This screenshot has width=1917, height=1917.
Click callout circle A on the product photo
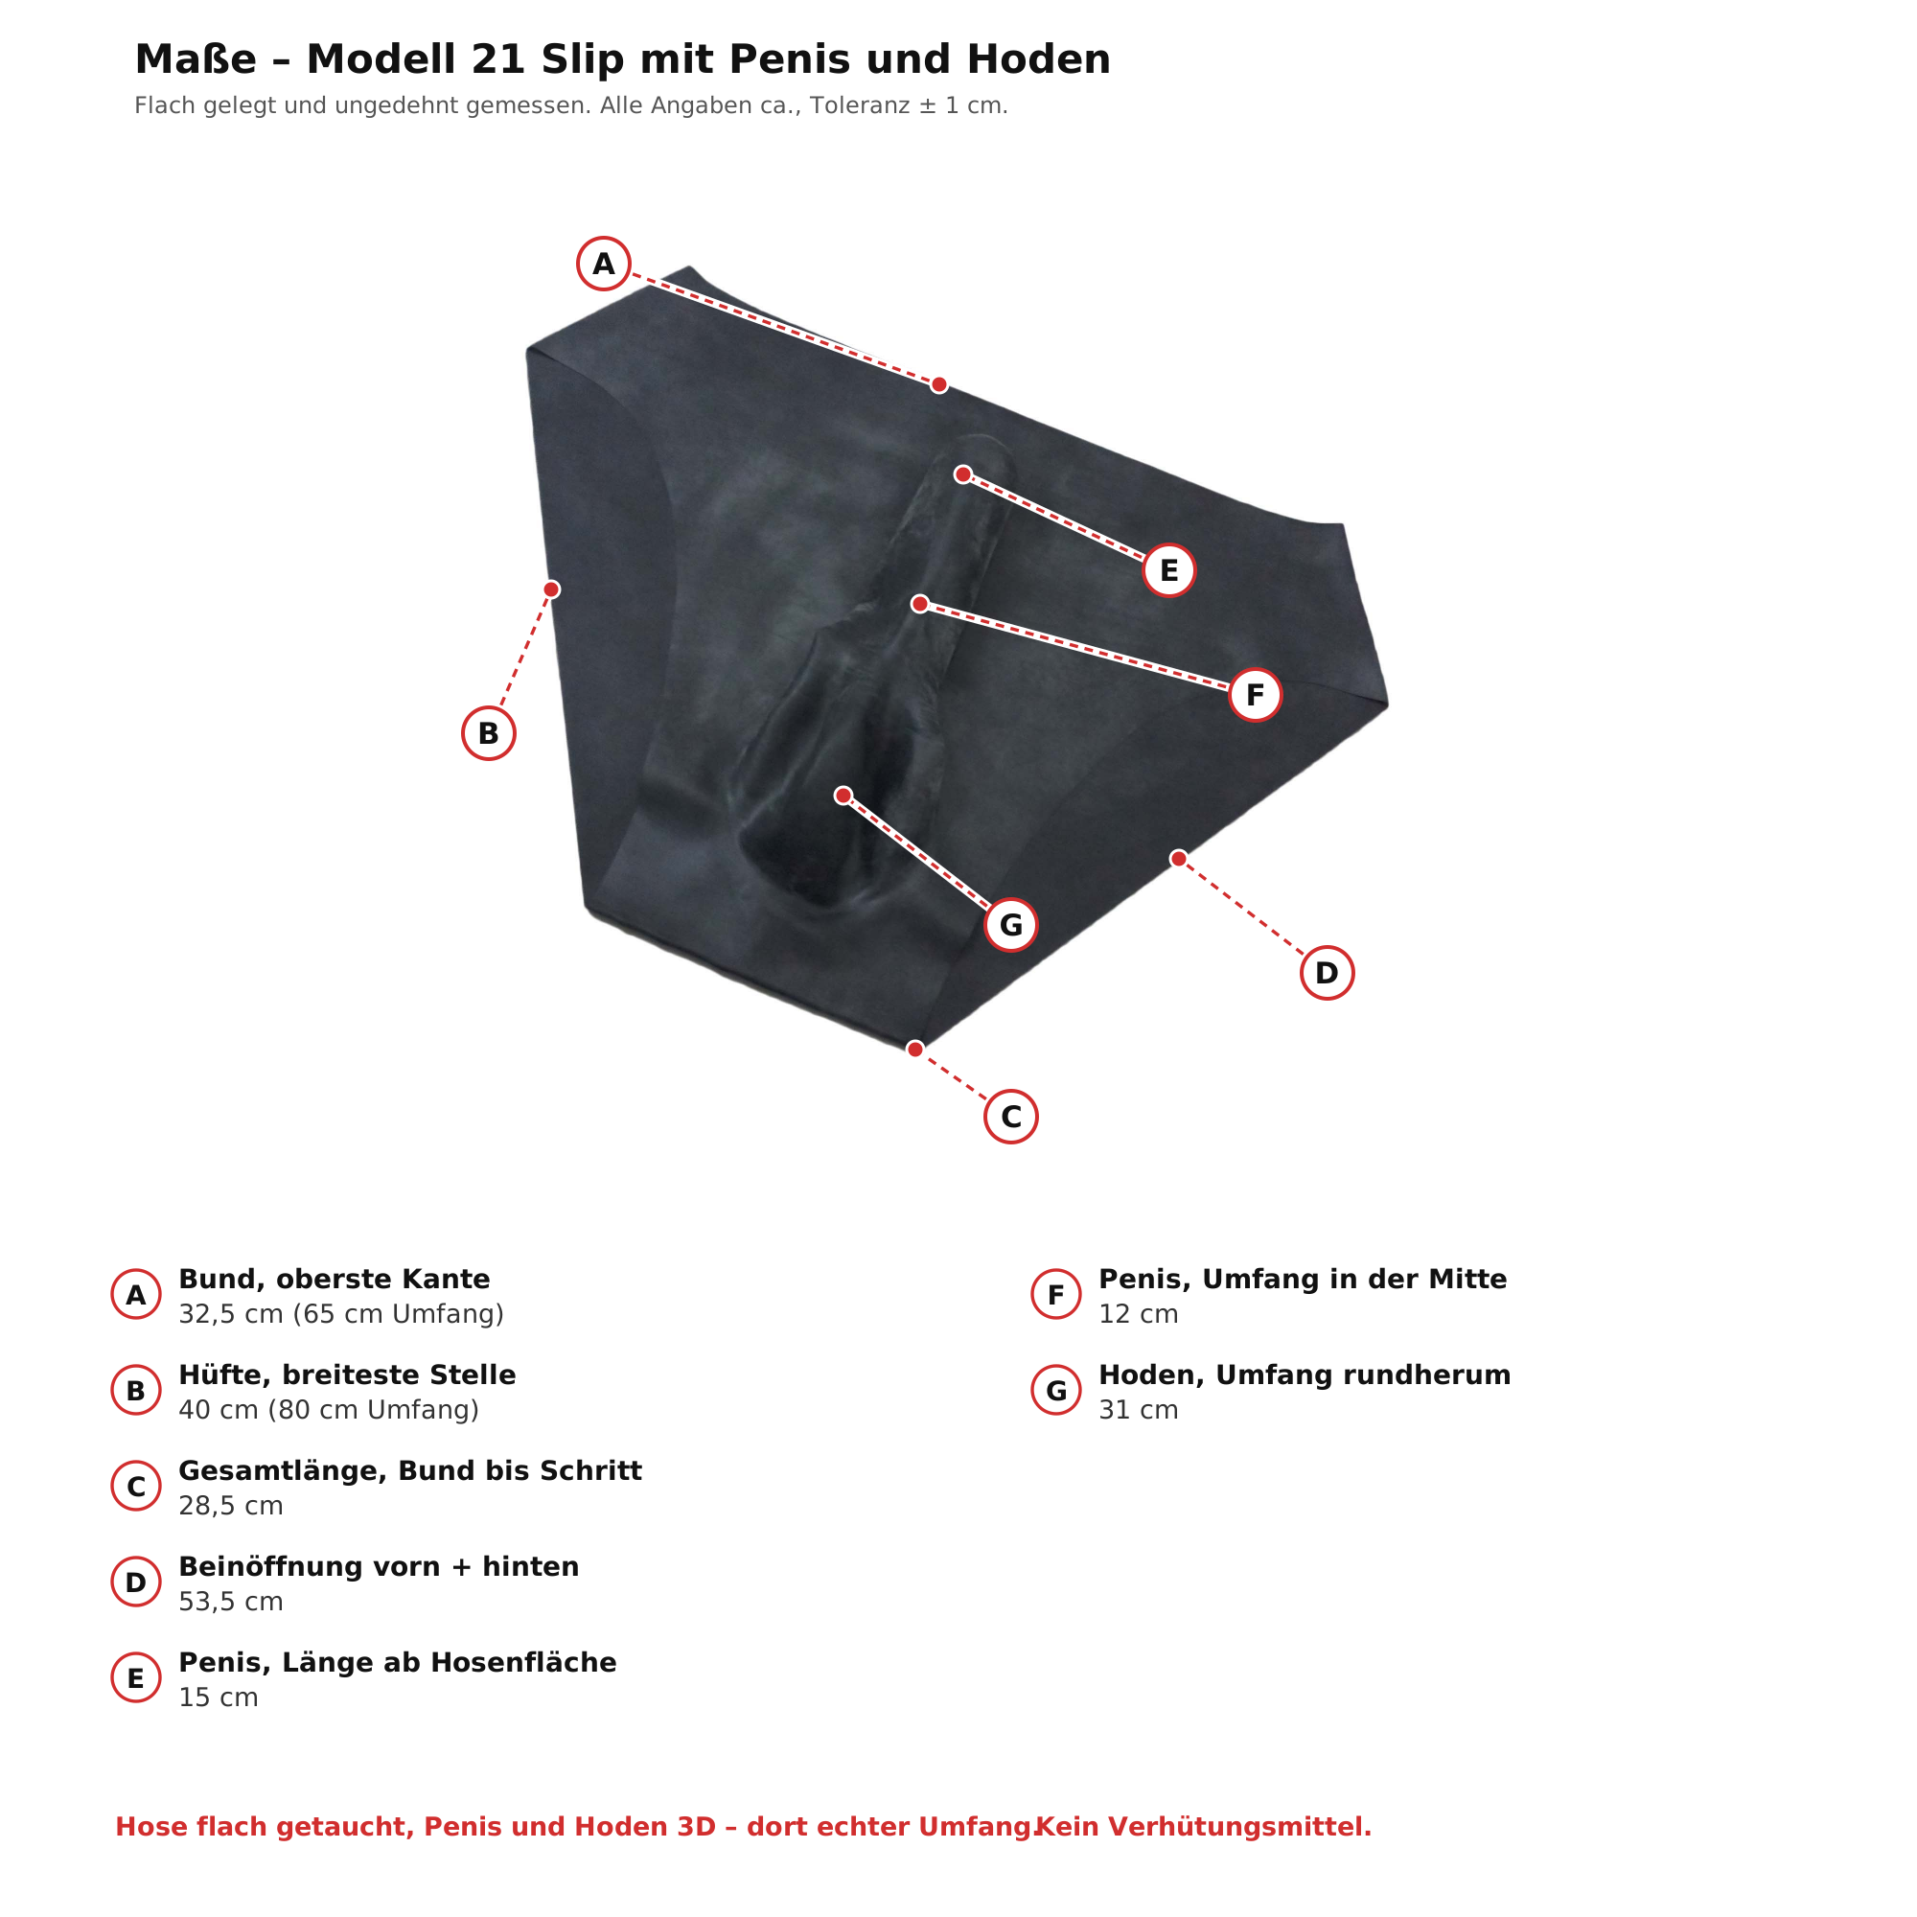pos(603,264)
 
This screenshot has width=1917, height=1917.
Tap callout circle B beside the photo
pos(488,733)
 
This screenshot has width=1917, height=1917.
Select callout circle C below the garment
pos(1011,1117)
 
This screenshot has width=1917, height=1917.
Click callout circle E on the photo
pos(1168,570)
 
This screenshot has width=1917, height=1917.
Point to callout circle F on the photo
pos(1256,695)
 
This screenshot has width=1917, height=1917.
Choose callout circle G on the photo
pos(1011,925)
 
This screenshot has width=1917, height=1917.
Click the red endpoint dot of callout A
pos(938,385)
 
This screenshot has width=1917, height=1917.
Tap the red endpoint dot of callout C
pos(914,1049)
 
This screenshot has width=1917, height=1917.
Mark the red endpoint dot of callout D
pos(1178,858)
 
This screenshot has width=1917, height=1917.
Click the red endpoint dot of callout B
pos(552,589)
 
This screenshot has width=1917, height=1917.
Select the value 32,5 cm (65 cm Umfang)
pos(341,1315)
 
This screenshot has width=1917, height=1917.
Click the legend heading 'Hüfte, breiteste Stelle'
pos(347,1375)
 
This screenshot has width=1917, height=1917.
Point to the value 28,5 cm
pos(231,1506)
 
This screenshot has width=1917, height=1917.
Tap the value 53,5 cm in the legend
pos(231,1603)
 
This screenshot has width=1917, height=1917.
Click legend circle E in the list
pos(136,1678)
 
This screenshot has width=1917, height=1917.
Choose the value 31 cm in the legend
pos(1138,1410)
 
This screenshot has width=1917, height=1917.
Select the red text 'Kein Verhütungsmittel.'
pos(1204,1828)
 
